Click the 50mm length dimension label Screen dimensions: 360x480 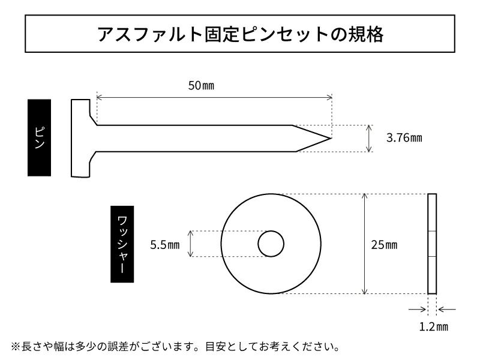tap(201, 85)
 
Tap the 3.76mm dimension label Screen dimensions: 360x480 tap(404, 138)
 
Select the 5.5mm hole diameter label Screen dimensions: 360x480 tap(164, 245)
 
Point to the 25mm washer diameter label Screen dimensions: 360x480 tap(384, 245)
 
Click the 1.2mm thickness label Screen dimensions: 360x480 tap(433, 327)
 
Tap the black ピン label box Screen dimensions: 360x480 tap(39, 137)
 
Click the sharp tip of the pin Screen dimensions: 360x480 tap(331, 138)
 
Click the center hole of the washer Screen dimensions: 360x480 tap(271, 244)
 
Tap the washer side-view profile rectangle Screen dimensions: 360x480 tap(432, 244)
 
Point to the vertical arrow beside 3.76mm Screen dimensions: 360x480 tap(368, 138)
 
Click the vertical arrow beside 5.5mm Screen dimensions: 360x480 tap(191, 244)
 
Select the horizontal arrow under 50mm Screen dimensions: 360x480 tap(214, 96)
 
